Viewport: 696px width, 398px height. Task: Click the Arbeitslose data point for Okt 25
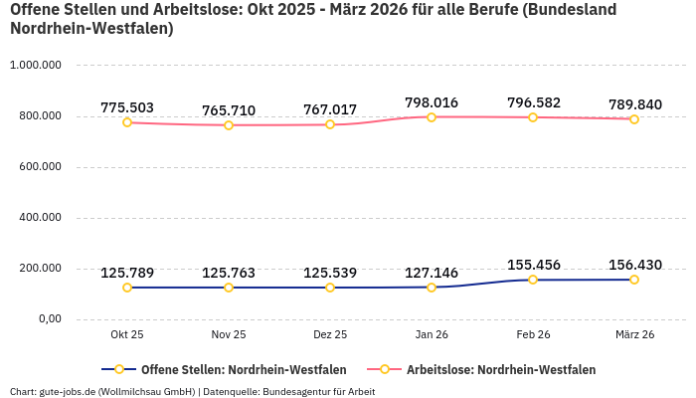click(x=127, y=122)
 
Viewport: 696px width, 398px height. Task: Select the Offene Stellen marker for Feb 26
click(x=533, y=280)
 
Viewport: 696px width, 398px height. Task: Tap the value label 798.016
click(x=432, y=102)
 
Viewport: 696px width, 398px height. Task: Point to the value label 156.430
click(x=634, y=265)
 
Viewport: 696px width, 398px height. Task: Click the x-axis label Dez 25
click(x=330, y=335)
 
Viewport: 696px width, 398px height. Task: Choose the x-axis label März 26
click(x=634, y=335)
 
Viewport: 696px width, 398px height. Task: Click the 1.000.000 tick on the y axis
click(x=36, y=66)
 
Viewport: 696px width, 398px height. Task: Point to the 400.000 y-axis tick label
click(x=36, y=217)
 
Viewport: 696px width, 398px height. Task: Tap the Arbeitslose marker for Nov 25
click(x=229, y=125)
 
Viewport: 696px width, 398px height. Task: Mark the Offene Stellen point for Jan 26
click(x=432, y=288)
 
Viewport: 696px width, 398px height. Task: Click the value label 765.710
click(x=229, y=110)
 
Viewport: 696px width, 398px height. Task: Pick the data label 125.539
click(x=330, y=273)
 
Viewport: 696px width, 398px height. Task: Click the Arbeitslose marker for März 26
click(x=634, y=119)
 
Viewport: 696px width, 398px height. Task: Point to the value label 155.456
click(x=533, y=265)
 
